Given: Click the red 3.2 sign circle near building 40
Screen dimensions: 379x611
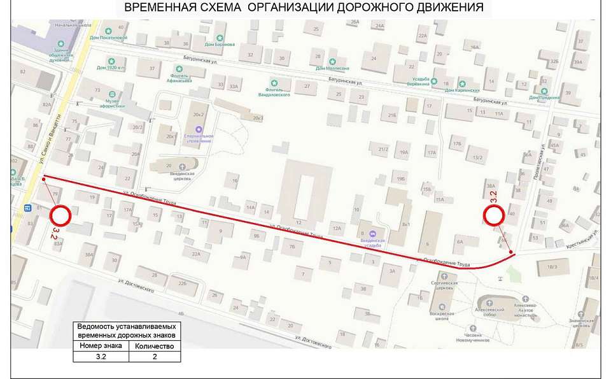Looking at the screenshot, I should (x=495, y=216).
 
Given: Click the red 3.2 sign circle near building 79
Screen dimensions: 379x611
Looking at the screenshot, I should (x=62, y=216).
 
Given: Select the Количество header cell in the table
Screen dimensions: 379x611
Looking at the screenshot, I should (x=154, y=347).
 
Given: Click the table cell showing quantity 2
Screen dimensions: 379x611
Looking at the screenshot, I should (x=154, y=357).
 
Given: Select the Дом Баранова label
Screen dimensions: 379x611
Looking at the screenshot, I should (x=220, y=44).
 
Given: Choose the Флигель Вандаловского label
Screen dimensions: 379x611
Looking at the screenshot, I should (x=274, y=91).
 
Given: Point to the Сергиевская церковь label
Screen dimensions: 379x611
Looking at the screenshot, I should (x=444, y=285).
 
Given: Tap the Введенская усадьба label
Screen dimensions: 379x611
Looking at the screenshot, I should (x=372, y=240).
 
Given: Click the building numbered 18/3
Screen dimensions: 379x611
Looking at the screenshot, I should (x=552, y=266).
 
